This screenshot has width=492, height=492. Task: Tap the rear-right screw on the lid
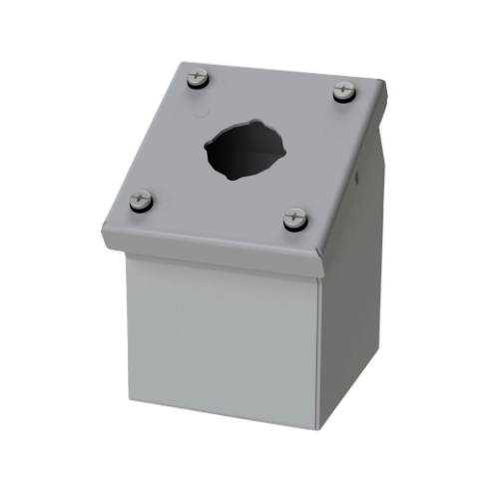point(343,90)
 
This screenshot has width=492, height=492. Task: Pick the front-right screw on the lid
point(295,219)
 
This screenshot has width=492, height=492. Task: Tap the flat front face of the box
point(220,334)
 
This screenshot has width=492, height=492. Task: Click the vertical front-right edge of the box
point(319,349)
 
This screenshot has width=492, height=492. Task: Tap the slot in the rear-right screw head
point(343,88)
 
